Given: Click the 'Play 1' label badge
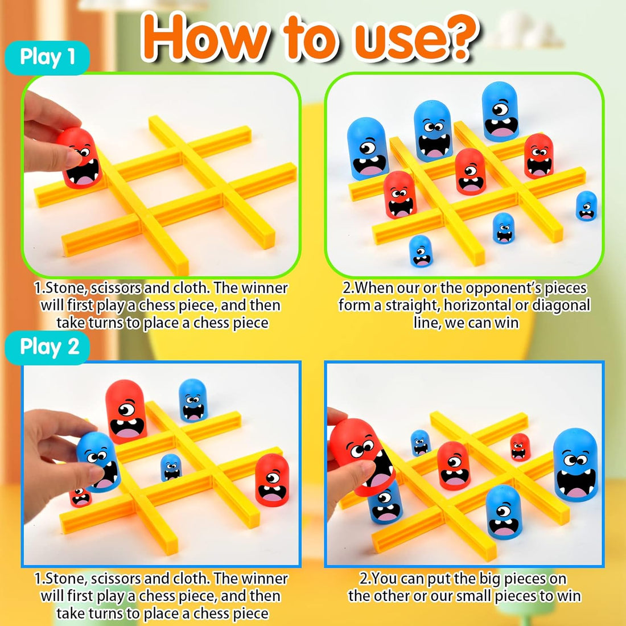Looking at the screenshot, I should coord(47,57).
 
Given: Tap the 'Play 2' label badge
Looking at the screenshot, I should coord(49,347).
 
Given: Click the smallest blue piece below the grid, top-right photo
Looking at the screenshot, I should coord(420,251).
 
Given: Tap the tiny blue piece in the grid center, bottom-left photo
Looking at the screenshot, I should coord(171,467).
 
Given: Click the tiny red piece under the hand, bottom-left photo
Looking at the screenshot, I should coord(80,496).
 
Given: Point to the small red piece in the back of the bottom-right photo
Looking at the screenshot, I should coord(520,447).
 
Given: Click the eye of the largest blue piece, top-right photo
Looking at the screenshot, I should coord(500,108).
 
